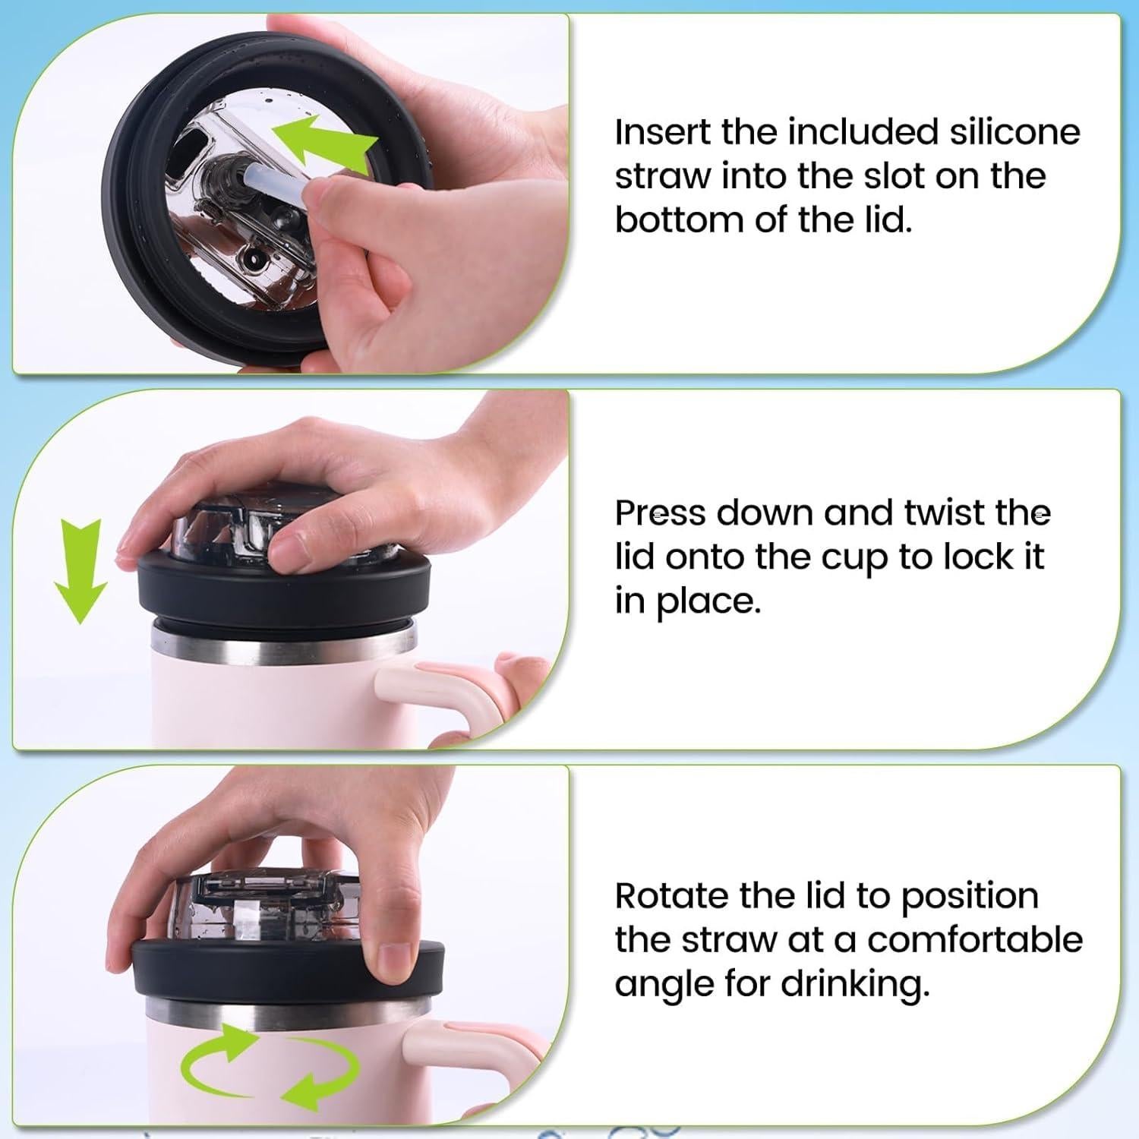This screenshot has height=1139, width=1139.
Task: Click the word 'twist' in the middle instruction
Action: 935,513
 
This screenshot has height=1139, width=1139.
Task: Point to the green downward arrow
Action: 80,570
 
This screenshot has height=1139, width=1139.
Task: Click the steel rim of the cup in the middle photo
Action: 284,640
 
